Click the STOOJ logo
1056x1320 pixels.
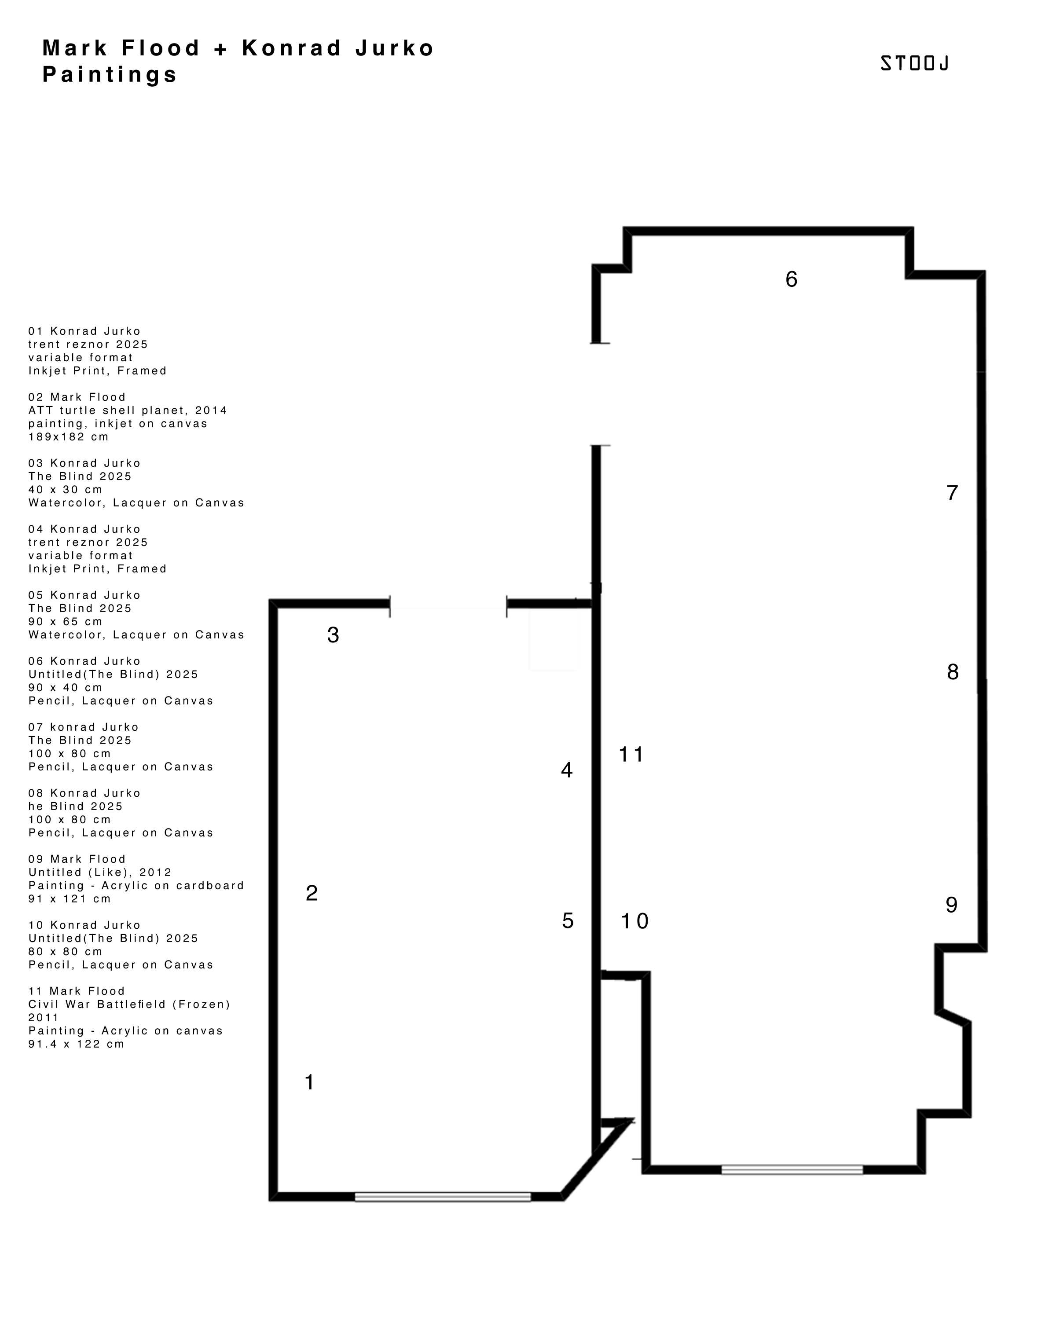915,63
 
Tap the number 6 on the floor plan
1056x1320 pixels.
792,279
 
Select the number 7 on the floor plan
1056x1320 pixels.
952,493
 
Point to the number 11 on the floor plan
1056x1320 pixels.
631,754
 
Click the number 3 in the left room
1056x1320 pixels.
333,635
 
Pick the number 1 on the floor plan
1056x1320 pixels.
310,1082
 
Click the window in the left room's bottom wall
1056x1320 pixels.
443,1196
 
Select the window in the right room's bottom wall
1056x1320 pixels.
792,1170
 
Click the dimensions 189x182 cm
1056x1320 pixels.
69,436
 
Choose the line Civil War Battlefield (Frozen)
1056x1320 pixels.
129,1004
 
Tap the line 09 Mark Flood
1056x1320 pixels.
77,859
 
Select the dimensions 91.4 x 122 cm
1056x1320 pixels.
77,1044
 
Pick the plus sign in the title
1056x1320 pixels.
221,48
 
